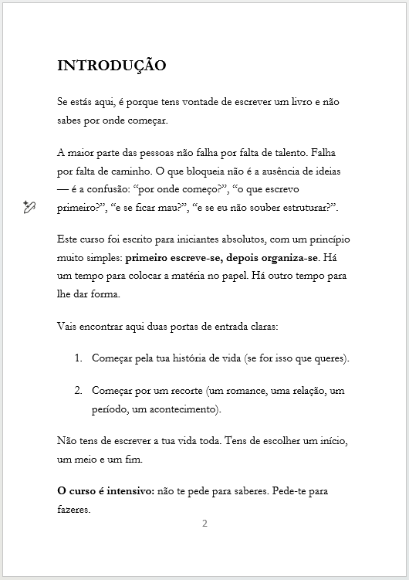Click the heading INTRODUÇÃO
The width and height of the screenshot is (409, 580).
(111, 66)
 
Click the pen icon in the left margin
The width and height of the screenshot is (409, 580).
(29, 206)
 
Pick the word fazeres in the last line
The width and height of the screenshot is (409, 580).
(74, 510)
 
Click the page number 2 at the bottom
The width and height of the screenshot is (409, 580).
(204, 524)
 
